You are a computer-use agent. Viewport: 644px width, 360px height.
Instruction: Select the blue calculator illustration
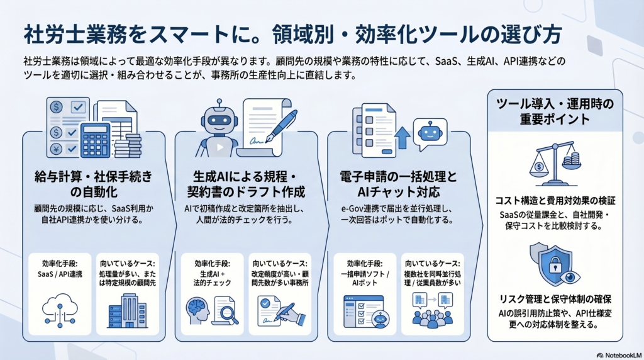[x=96, y=140]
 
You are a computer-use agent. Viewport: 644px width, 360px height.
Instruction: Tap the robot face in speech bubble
[x=430, y=134]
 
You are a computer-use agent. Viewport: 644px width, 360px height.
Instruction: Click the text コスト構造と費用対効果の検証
[x=554, y=200]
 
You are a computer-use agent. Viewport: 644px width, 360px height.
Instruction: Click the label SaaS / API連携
[x=60, y=275]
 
